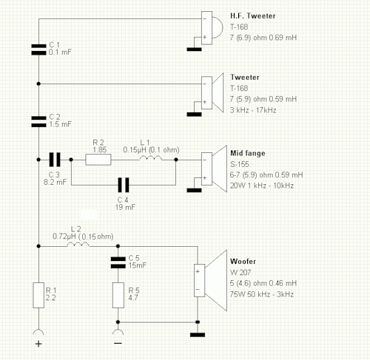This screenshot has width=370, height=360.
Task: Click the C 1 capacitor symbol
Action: tap(38, 50)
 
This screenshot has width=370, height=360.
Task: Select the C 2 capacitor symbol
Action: tap(38, 122)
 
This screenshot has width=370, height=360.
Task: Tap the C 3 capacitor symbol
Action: tap(55, 160)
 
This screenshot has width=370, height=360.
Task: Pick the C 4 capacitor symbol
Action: tap(124, 185)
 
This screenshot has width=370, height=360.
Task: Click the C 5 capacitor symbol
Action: tap(118, 262)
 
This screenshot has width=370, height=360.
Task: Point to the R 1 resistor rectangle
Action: tap(38, 295)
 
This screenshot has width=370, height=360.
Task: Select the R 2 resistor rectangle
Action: tap(98, 160)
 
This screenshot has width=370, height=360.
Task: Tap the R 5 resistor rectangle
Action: tap(118, 295)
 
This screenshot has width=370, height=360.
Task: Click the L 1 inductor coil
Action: tap(151, 158)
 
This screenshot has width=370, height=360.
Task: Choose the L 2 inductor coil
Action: tap(78, 244)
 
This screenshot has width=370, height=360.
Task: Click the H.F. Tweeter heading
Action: tap(253, 16)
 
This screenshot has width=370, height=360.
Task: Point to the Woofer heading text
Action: tap(243, 261)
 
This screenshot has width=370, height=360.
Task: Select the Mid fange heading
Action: tap(248, 153)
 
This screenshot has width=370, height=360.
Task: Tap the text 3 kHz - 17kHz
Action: tap(253, 110)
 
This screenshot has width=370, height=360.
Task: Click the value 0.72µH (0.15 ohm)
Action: tap(83, 237)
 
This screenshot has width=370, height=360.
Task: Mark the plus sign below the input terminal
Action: tap(38, 344)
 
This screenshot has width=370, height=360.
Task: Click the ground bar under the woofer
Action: tap(198, 335)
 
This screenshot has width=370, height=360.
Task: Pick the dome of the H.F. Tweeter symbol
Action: tap(218, 27)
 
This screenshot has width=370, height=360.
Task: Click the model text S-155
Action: tap(240, 164)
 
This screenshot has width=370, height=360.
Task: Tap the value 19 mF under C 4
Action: tap(125, 207)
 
